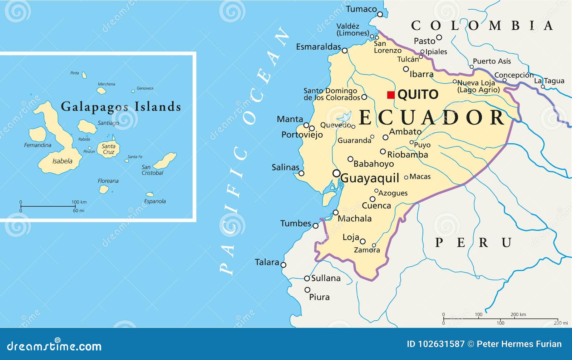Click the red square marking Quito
[391, 95]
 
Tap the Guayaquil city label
[370, 178]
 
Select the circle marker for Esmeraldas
[345, 51]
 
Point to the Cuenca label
[376, 206]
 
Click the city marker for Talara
[283, 265]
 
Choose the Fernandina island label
[38, 145]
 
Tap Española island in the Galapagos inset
[150, 194]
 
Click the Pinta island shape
[84, 75]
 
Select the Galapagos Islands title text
[121, 107]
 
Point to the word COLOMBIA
[482, 26]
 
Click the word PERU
[473, 243]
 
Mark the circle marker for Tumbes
[315, 226]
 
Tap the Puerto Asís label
[492, 61]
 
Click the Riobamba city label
[408, 154]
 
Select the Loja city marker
[363, 241]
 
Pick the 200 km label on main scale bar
[518, 315]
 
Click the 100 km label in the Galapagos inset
[79, 202]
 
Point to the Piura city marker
[307, 290]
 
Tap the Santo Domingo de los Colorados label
[331, 94]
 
